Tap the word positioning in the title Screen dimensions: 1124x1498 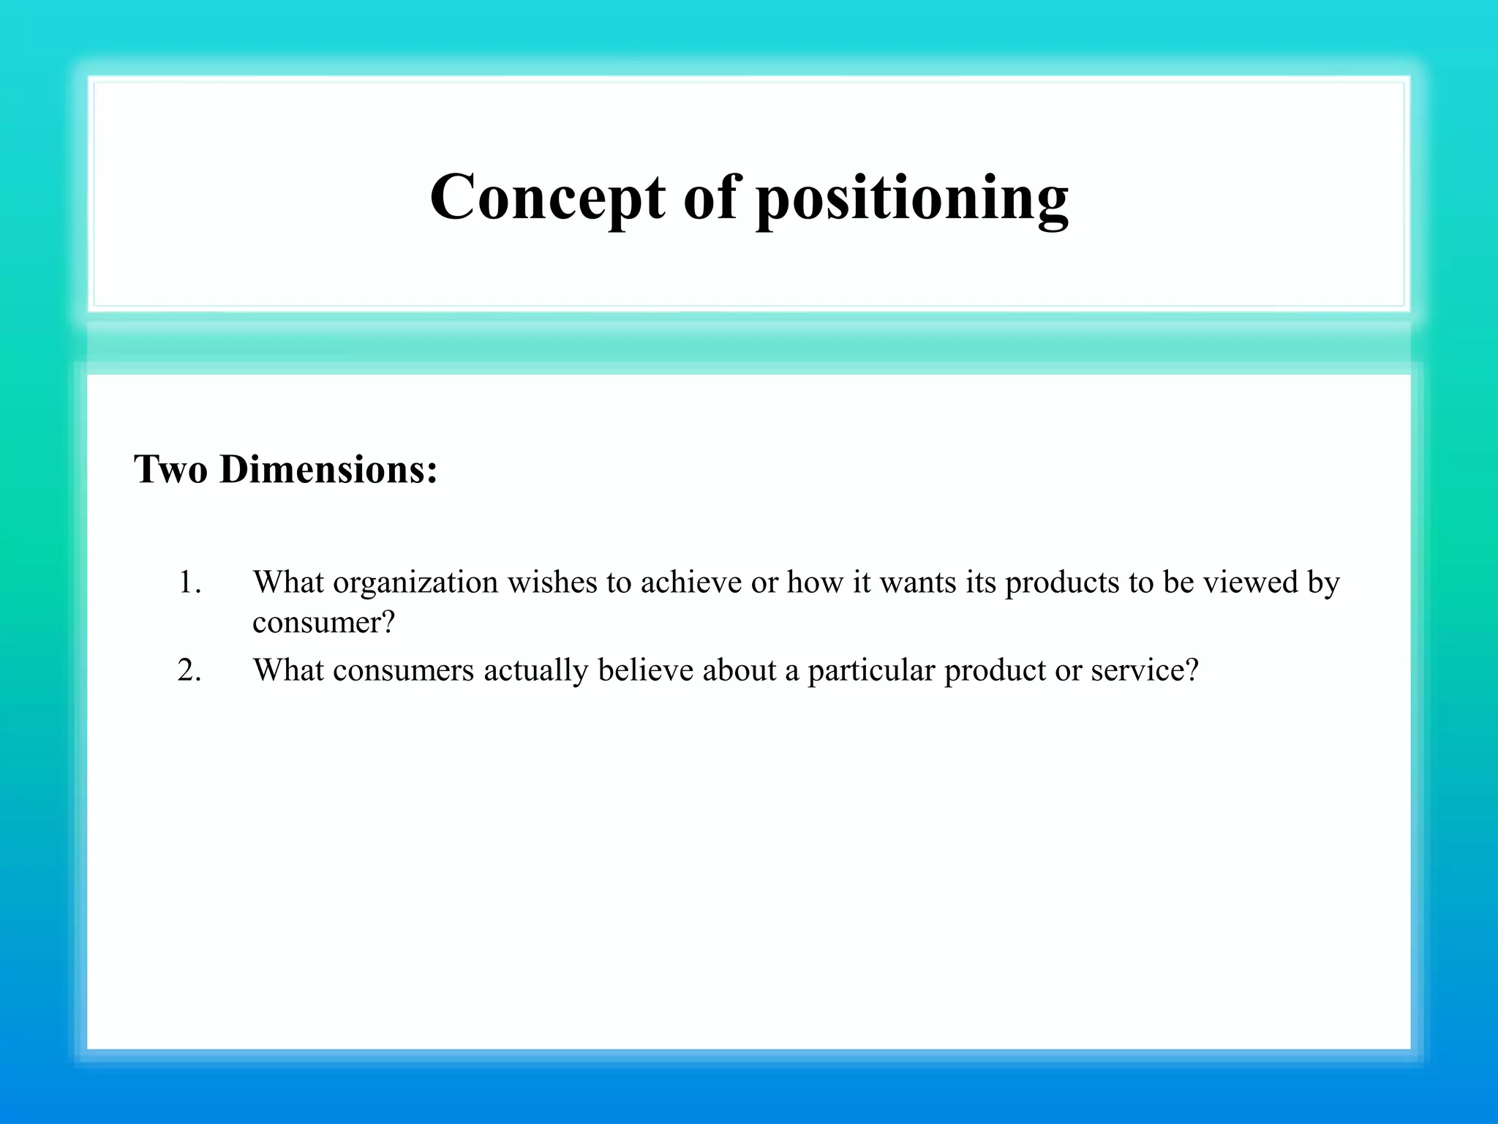[911, 199]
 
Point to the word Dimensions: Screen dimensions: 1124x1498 [328, 469]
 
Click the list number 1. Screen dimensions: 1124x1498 [189, 583]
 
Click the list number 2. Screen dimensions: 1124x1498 [189, 670]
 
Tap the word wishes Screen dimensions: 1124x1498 [552, 582]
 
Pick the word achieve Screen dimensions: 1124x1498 [691, 582]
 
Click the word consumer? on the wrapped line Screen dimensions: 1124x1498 [323, 623]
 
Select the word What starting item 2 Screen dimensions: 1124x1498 [288, 670]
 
